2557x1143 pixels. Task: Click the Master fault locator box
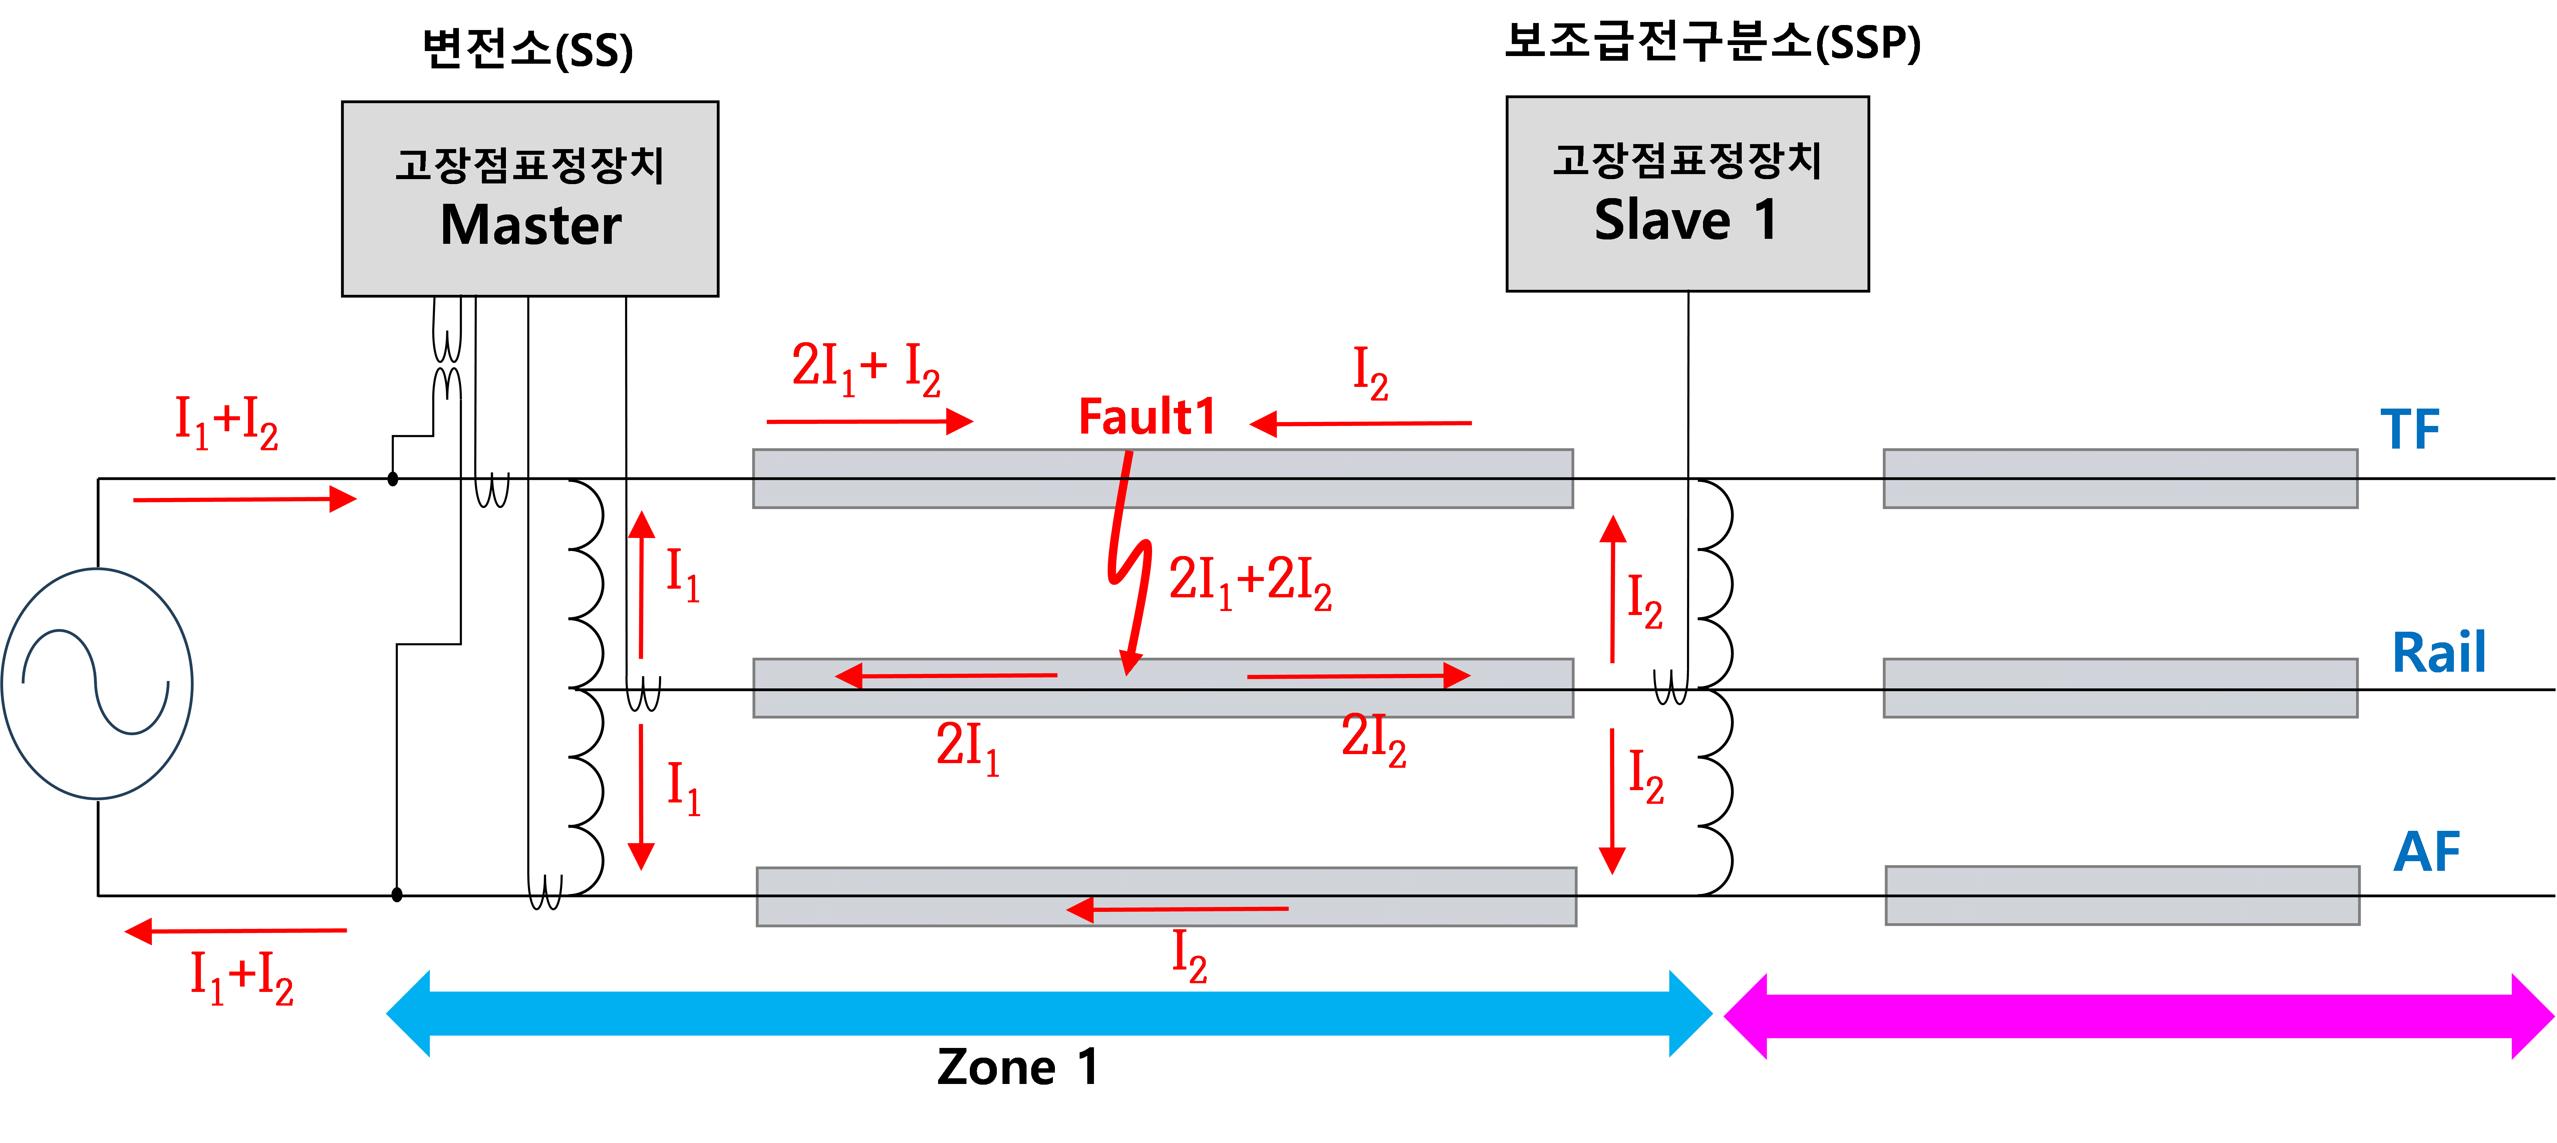[530, 198]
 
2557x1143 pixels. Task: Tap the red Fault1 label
[1146, 417]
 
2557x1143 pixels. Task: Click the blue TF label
[2409, 430]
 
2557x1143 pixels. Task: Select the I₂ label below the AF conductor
[1189, 957]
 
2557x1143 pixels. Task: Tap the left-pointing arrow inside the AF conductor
[1176, 909]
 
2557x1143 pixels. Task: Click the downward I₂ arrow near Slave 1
[1612, 802]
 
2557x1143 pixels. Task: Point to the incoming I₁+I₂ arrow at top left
[244, 499]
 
